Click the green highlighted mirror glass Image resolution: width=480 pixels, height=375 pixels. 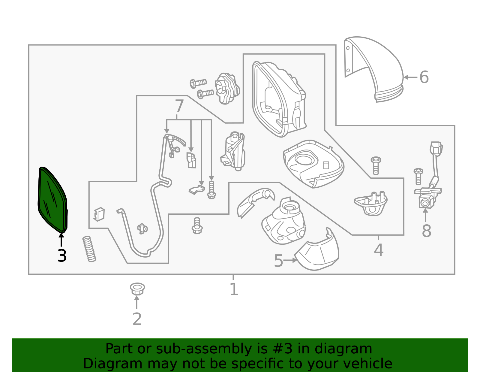(x=52, y=200)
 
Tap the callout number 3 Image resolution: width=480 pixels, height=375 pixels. (x=62, y=256)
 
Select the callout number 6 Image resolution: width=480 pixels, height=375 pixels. (x=424, y=77)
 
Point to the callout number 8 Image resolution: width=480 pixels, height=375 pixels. (x=426, y=231)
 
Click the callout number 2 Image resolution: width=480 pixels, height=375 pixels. (x=137, y=319)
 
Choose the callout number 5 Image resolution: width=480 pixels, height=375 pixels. (x=278, y=261)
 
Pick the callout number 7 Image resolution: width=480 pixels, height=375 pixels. (x=179, y=106)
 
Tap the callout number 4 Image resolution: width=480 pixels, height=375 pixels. (x=379, y=250)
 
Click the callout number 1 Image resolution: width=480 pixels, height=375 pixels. (x=234, y=289)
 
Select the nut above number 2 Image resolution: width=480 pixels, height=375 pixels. (x=137, y=289)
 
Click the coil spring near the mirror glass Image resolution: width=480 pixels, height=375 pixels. (x=89, y=249)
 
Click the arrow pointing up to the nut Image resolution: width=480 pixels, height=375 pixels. (x=137, y=302)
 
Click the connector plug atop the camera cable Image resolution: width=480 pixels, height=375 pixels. (x=436, y=149)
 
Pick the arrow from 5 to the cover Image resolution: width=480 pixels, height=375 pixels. (x=290, y=260)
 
